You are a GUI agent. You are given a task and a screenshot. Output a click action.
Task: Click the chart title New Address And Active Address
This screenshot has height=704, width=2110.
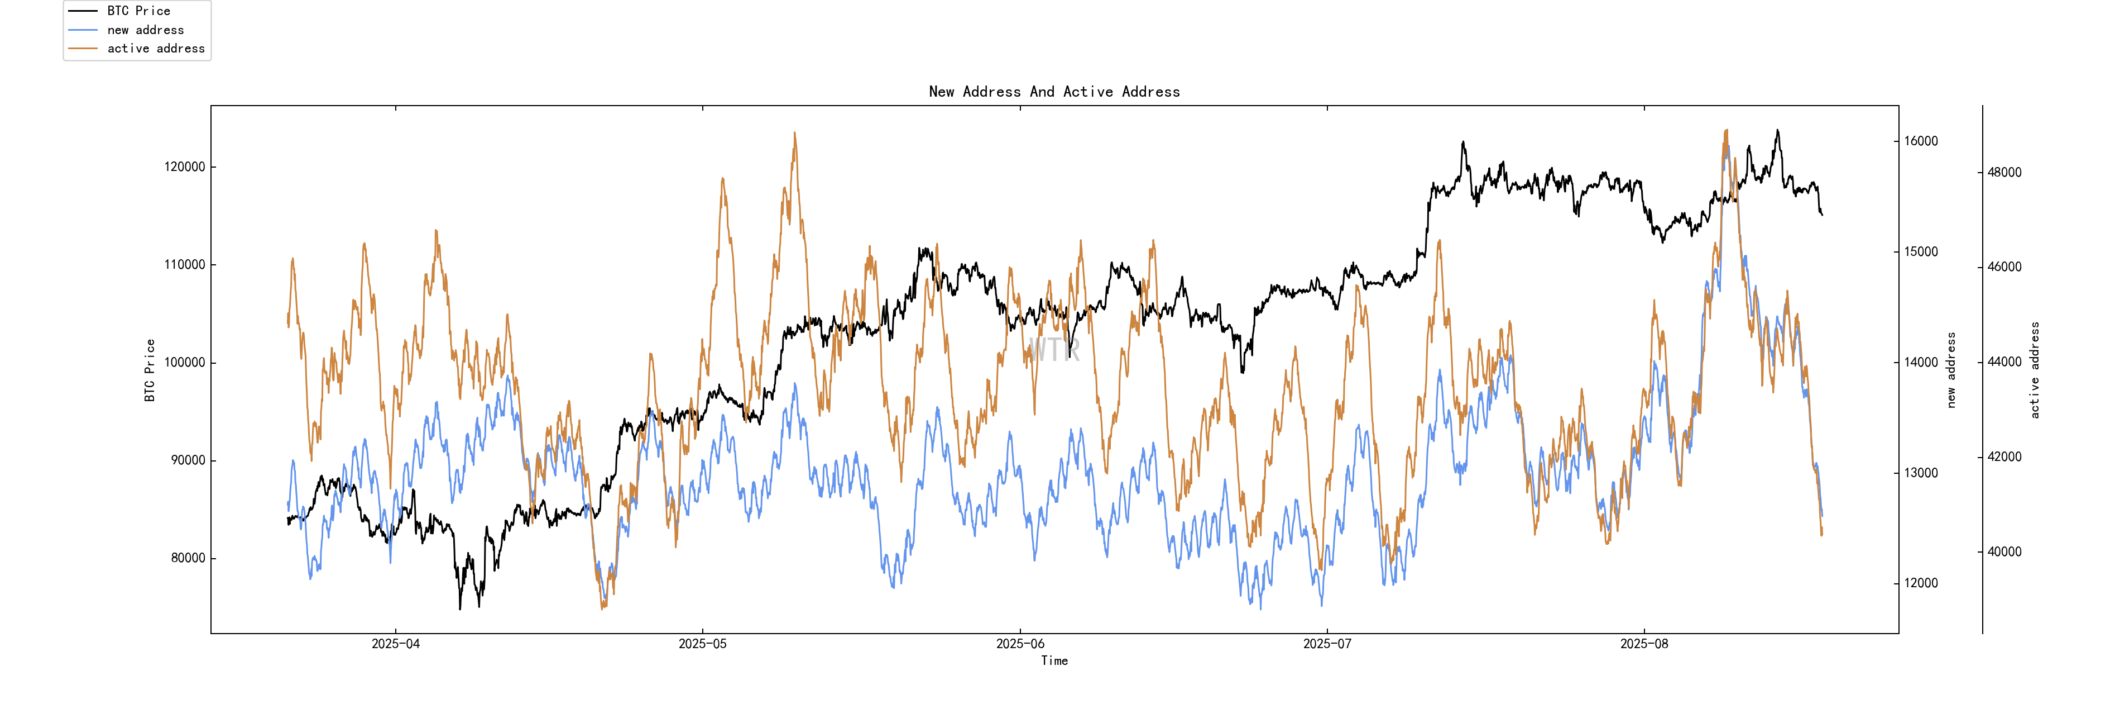1054,92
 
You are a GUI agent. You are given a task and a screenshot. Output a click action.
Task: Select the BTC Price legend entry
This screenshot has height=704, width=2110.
138,11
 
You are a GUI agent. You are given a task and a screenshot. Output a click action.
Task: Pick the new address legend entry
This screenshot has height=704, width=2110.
145,30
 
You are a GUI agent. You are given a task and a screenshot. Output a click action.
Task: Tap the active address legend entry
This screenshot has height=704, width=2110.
156,49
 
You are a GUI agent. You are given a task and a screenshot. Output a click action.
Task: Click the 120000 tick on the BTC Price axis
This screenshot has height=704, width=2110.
184,167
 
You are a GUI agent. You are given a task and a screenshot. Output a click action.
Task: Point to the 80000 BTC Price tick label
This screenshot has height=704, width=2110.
188,558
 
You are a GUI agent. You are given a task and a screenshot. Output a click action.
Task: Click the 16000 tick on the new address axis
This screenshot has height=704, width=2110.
1921,141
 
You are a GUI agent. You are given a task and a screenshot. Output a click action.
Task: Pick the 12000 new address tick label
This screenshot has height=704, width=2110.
1921,583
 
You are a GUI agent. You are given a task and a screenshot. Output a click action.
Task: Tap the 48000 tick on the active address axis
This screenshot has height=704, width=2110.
2005,172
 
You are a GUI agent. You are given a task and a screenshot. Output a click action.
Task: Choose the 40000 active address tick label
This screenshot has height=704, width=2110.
2005,551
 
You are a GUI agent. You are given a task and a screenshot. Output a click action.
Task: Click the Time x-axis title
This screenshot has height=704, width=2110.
1054,660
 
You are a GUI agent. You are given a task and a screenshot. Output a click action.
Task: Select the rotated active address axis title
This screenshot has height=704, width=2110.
2035,370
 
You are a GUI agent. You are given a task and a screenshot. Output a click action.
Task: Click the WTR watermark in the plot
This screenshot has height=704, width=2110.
1054,350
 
